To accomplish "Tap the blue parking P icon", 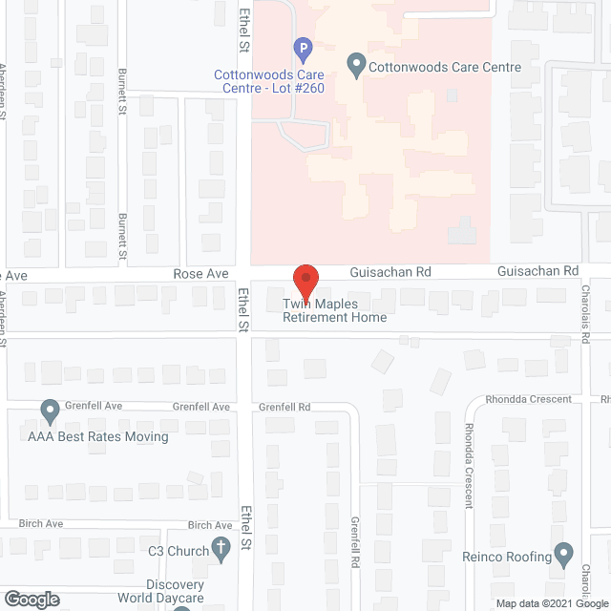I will click(303, 47).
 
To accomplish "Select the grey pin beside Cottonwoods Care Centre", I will click(356, 68).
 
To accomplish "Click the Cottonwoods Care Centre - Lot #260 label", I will click(269, 82).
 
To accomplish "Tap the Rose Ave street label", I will click(200, 274).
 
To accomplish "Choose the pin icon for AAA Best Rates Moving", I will click(50, 412).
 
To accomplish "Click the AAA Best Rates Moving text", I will click(97, 437).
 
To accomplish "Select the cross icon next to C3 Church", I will click(220, 549).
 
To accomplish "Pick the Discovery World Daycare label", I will click(161, 592).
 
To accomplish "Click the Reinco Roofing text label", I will click(518, 557).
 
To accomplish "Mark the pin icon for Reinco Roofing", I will click(564, 555).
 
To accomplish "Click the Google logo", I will click(31, 600).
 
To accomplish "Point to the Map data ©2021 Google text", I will click(552, 602).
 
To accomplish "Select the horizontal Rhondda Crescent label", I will click(528, 399).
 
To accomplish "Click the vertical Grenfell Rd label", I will click(353, 543).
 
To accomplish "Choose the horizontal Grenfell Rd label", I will click(284, 407).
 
